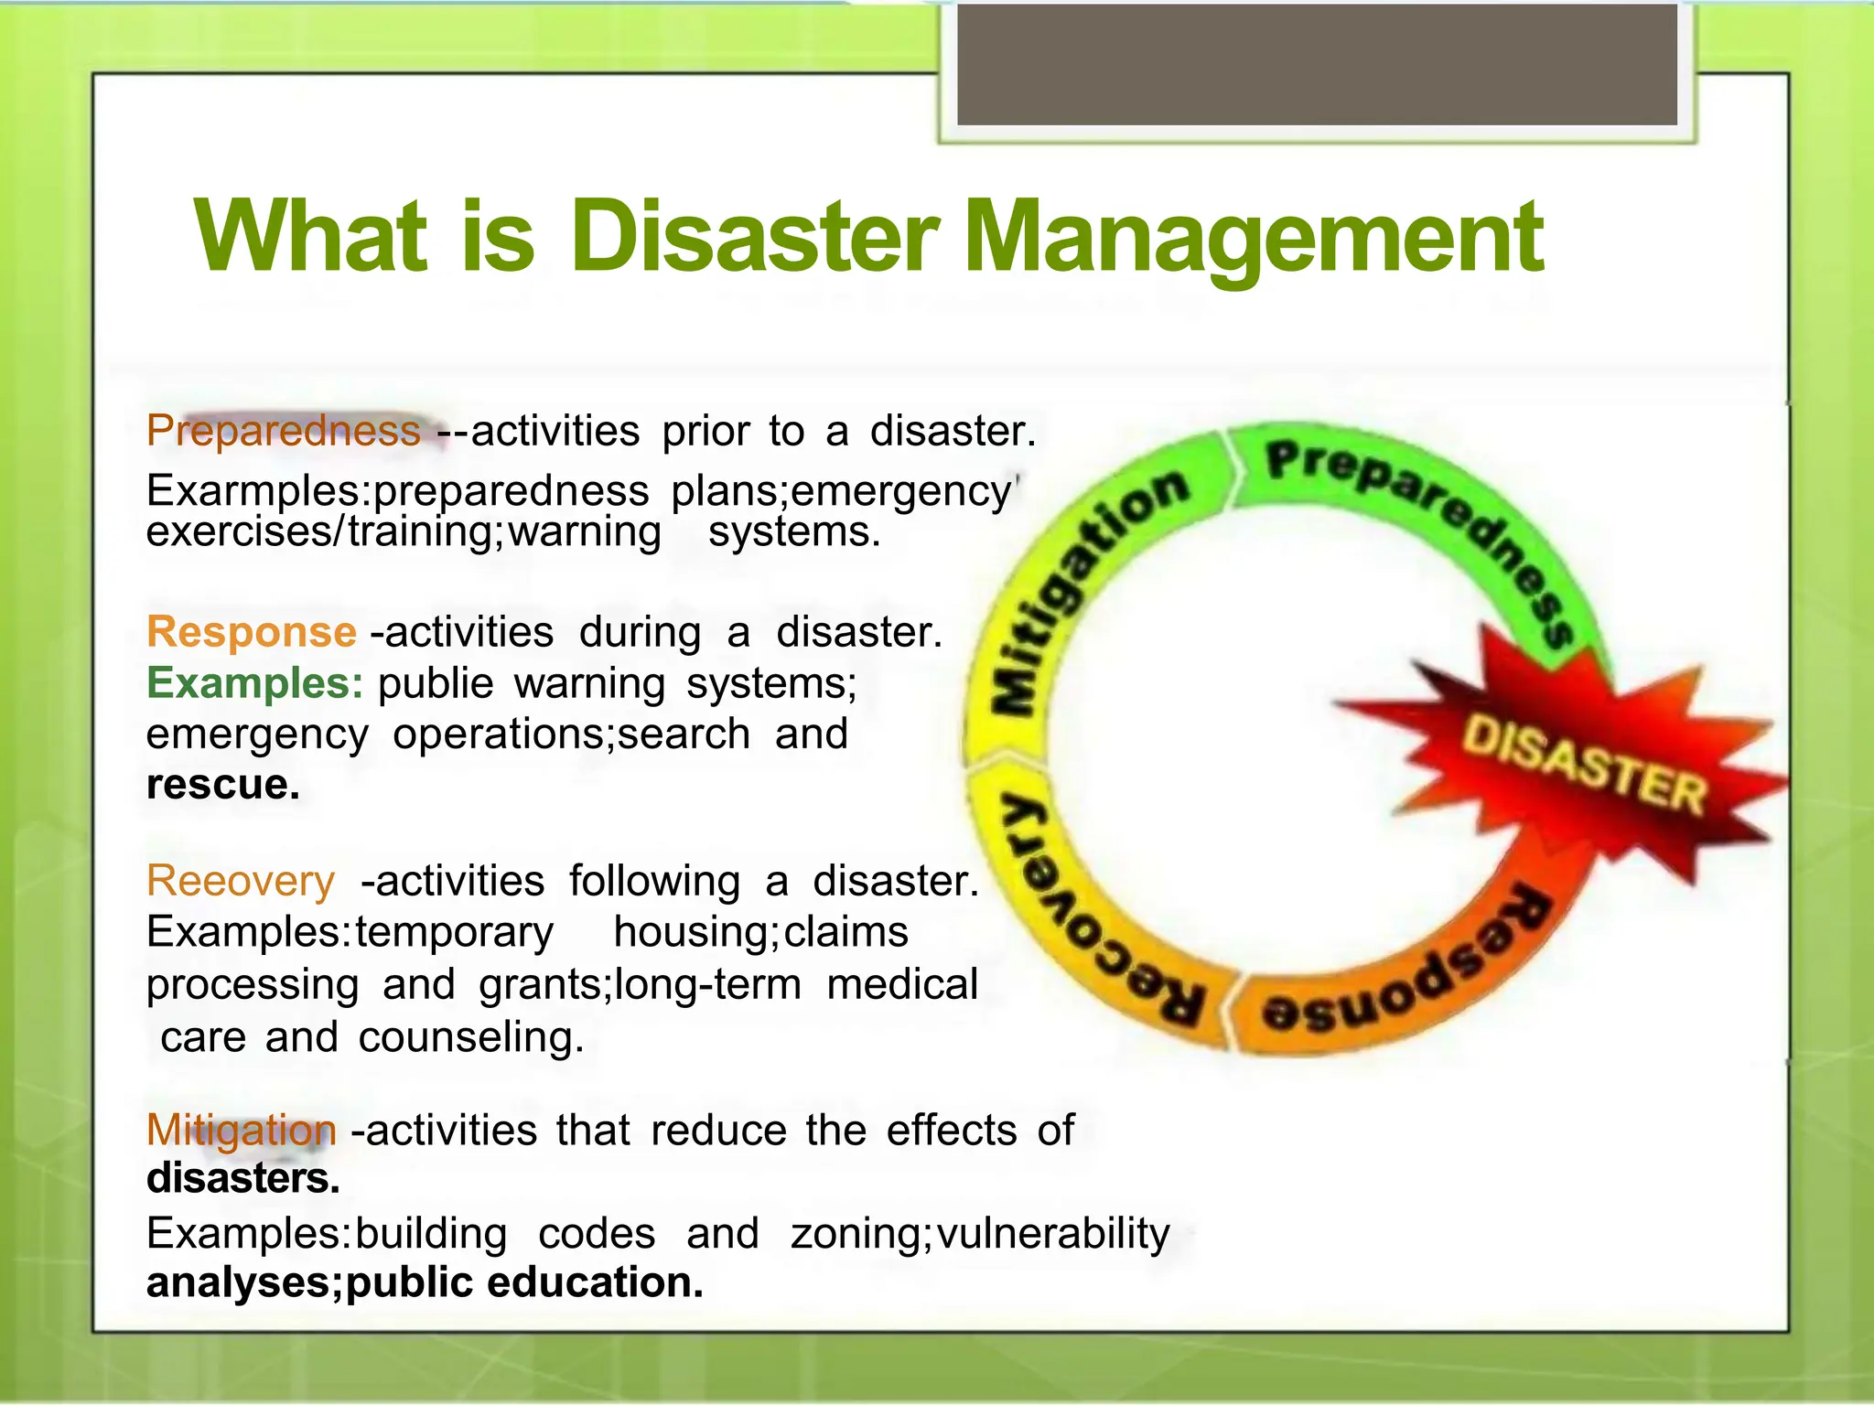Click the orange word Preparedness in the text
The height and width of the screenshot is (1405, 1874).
284,431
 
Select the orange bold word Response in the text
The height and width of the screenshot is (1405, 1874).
252,632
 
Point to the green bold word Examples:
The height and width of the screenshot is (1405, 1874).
255,683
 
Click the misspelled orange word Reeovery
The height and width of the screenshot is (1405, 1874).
241,881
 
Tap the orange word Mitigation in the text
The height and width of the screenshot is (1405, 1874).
242,1131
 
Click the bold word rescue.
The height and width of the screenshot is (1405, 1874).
223,785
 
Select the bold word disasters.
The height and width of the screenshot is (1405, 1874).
243,1178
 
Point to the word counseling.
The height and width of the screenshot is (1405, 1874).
470,1037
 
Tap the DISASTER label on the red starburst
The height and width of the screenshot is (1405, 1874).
1583,765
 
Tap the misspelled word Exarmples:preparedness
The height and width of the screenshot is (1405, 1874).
397,491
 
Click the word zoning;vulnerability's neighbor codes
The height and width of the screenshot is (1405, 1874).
597,1233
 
